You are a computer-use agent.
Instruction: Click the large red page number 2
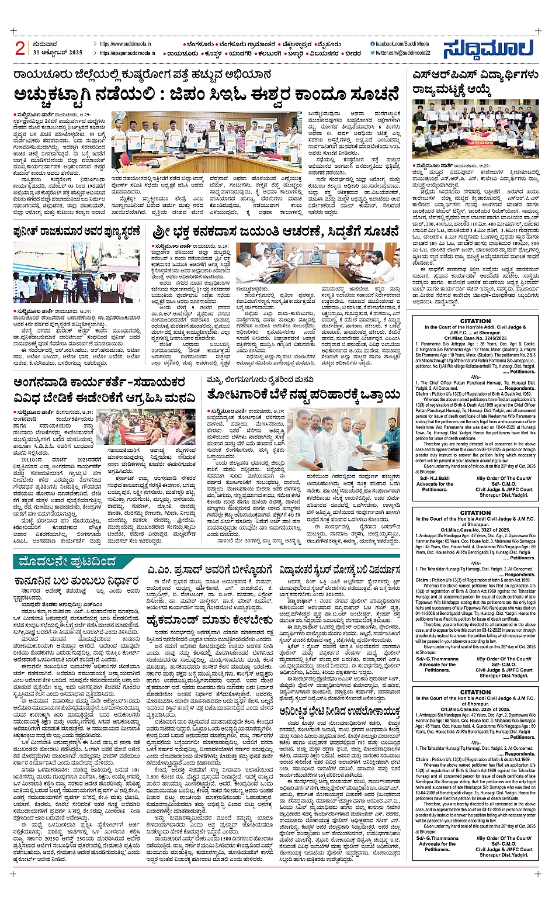20,49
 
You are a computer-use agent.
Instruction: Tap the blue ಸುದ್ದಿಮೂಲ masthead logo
487,49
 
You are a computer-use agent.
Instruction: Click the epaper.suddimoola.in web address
127,53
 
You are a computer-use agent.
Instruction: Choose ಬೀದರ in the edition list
353,53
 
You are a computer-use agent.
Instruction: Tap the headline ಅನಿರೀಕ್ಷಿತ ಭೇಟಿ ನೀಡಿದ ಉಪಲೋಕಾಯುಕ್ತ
339,711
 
